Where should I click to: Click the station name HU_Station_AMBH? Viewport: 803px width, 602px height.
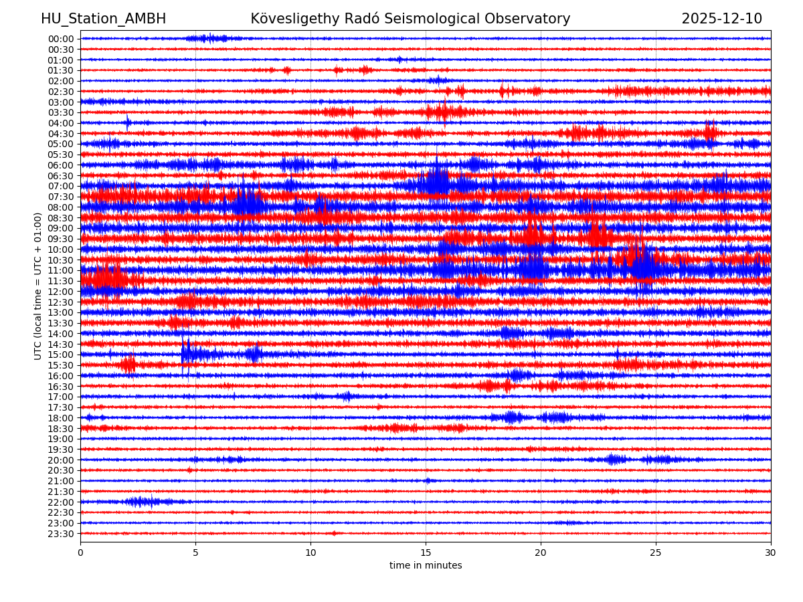click(103, 19)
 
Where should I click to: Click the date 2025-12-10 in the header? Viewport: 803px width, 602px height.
click(721, 19)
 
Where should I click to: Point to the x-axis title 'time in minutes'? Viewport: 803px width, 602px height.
click(426, 566)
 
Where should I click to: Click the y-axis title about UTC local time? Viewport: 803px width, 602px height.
click(38, 286)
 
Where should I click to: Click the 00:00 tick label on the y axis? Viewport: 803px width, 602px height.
click(61, 39)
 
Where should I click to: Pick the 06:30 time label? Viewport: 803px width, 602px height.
click(61, 176)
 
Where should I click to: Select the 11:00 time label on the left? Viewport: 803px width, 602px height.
click(61, 270)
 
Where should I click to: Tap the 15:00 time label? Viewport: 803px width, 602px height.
click(61, 355)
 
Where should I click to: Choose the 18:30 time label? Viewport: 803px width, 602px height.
click(61, 429)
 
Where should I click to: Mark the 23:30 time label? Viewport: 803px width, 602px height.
click(61, 534)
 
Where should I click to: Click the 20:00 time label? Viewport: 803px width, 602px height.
click(61, 460)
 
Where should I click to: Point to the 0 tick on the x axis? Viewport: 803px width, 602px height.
click(80, 553)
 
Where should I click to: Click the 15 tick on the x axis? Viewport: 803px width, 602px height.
click(426, 553)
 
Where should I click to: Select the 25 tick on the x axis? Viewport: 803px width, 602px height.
click(656, 553)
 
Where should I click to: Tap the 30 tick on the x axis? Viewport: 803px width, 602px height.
click(771, 553)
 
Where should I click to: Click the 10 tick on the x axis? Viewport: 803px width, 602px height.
click(310, 553)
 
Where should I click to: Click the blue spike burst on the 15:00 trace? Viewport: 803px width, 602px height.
click(185, 353)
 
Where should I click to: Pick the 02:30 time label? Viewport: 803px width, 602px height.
click(61, 92)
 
